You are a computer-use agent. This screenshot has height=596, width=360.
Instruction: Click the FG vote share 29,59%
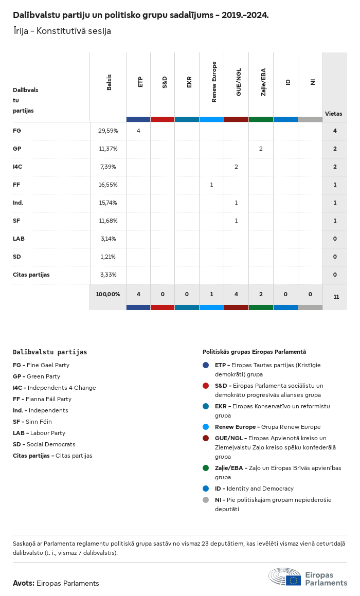[x=108, y=131]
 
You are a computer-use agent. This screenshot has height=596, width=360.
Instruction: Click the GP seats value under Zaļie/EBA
[x=261, y=149]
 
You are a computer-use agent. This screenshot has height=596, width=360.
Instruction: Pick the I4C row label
[x=17, y=167]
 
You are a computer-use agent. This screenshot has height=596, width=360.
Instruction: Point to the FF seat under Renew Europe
[x=211, y=185]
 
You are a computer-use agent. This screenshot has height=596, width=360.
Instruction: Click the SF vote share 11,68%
[x=108, y=221]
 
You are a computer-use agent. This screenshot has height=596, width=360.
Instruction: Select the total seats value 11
[x=336, y=297]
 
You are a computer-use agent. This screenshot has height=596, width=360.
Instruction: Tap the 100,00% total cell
[x=108, y=294]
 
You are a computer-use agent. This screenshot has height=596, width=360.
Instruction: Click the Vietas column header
[x=333, y=114]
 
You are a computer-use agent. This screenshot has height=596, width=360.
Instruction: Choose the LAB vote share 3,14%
[x=108, y=239]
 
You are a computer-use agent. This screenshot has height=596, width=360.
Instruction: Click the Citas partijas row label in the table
[x=31, y=275]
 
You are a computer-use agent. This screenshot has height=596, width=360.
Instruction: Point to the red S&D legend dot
[x=206, y=386]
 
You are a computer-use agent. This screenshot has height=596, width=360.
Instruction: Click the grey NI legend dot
[x=206, y=500]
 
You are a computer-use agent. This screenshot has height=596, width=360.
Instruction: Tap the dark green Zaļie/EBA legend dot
[x=206, y=468]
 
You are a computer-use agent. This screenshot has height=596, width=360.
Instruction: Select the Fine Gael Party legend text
[x=48, y=365]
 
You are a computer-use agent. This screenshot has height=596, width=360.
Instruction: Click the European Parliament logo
[x=308, y=577]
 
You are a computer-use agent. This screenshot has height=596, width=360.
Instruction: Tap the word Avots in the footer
[x=24, y=583]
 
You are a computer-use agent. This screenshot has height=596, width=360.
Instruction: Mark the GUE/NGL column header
[x=239, y=83]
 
